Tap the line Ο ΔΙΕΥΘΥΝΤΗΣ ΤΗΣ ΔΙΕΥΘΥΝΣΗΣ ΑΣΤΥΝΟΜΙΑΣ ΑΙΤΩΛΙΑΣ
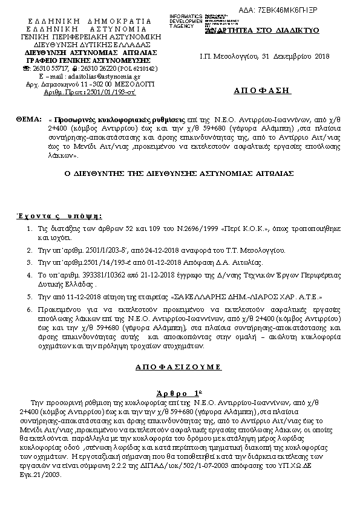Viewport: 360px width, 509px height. (x=180, y=173)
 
